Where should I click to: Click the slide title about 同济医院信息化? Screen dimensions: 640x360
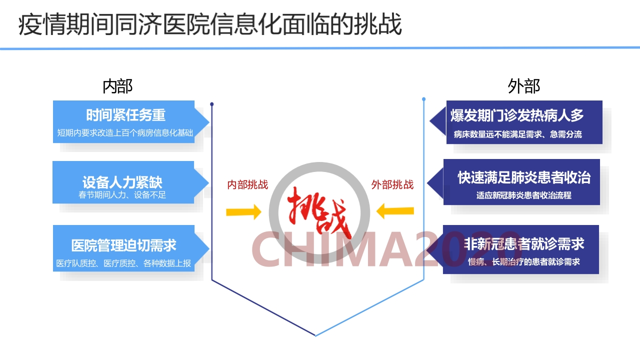pyautogui.click(x=210, y=24)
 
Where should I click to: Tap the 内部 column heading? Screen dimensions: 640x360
pyautogui.click(x=117, y=86)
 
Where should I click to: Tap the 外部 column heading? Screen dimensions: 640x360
pyautogui.click(x=523, y=86)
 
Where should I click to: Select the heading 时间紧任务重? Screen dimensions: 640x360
pyautogui.click(x=125, y=115)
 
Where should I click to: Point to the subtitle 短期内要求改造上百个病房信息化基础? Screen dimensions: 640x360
pyautogui.click(x=125, y=133)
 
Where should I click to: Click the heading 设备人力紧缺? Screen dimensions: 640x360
pyautogui.click(x=122, y=181)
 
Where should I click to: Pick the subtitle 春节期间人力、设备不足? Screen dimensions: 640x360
pyautogui.click(x=122, y=195)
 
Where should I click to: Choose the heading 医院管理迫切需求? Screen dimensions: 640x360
pyautogui.click(x=123, y=245)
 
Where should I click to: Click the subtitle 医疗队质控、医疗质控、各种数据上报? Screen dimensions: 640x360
pyautogui.click(x=123, y=263)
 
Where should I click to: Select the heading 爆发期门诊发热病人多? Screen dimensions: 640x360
pyautogui.click(x=517, y=115)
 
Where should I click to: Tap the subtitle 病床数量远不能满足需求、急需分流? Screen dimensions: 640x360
pyautogui.click(x=517, y=134)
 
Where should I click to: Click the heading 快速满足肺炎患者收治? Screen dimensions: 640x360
pyautogui.click(x=524, y=177)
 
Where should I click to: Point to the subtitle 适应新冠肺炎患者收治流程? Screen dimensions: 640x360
pyautogui.click(x=523, y=195)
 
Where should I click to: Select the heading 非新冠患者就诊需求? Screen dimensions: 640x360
pyautogui.click(x=524, y=244)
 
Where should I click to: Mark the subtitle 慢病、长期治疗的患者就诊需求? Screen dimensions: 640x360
pyautogui.click(x=523, y=261)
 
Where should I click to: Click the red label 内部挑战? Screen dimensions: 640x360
pyautogui.click(x=247, y=185)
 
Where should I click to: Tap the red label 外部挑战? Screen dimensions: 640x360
pyautogui.click(x=392, y=185)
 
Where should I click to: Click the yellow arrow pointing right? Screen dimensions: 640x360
pyautogui.click(x=243, y=212)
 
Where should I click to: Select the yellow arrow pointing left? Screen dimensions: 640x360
pyautogui.click(x=395, y=211)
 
